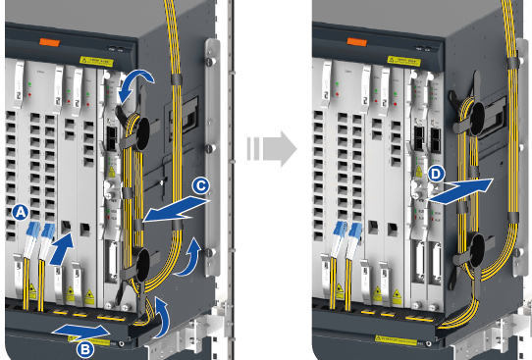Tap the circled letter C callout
200,183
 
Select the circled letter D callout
436,175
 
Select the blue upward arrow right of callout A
61,248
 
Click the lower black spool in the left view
140,262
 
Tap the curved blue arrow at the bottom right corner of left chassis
163,316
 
